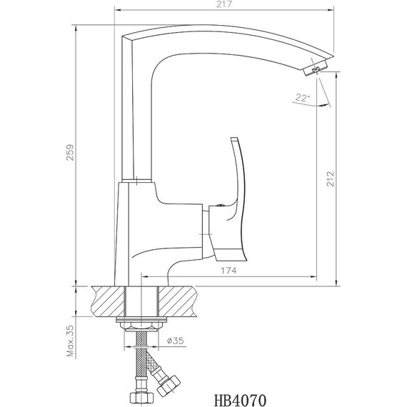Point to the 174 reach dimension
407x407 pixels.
click(x=229, y=270)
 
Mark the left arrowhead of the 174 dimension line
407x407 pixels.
click(x=145, y=276)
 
